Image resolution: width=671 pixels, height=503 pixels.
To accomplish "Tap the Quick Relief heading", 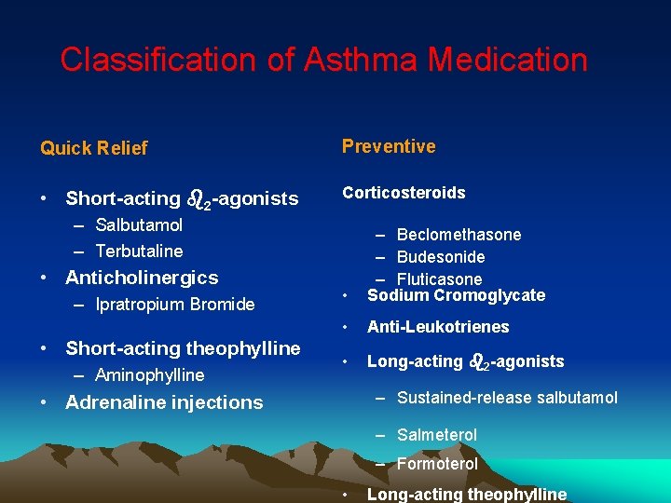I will [x=94, y=148].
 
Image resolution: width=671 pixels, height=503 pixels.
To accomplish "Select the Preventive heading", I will [x=389, y=146].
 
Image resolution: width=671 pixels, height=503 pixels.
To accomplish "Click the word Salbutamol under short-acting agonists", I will [x=139, y=225].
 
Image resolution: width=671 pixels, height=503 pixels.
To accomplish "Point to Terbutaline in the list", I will [x=139, y=251].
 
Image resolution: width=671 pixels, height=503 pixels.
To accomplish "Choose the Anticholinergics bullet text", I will [x=142, y=278].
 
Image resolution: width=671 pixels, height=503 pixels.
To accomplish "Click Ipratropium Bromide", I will [x=175, y=304].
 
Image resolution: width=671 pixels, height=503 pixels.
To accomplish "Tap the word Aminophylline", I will [x=149, y=375].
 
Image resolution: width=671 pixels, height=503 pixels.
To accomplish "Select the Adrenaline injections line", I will [x=164, y=402].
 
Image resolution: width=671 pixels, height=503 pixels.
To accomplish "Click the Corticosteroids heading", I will [x=404, y=193].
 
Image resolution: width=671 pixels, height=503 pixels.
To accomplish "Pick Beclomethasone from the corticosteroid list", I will [x=459, y=235].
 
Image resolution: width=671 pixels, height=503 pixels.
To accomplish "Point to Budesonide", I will [x=441, y=257].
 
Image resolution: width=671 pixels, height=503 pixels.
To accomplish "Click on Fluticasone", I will [x=439, y=279].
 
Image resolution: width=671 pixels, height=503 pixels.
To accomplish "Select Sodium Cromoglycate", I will [x=456, y=295].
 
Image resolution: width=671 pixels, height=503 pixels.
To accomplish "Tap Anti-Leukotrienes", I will [x=438, y=327].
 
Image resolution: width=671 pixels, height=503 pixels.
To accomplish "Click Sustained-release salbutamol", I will [x=507, y=398].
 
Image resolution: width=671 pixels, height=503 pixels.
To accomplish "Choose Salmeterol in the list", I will [x=437, y=435].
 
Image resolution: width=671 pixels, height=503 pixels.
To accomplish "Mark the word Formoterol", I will [x=437, y=464].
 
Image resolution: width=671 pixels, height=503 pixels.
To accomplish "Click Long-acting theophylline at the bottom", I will [x=466, y=495].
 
